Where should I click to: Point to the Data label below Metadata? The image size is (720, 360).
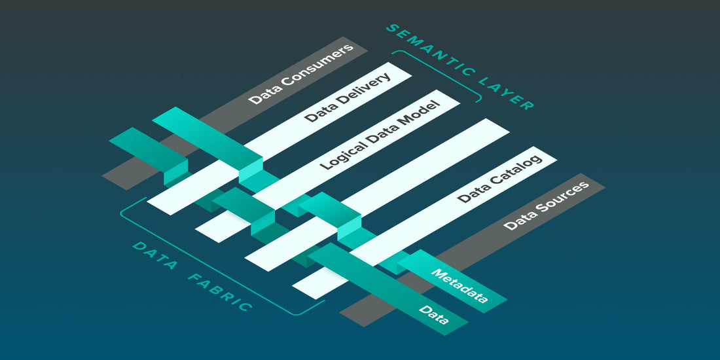tap(434, 315)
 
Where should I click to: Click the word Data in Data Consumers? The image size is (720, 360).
tap(262, 97)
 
